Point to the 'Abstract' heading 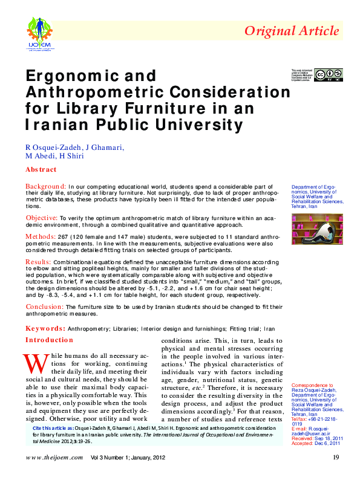[x=41, y=170]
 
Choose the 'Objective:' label [x=42, y=217]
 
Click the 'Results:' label [x=38, y=261]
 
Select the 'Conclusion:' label [x=44, y=306]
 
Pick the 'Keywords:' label [x=45, y=328]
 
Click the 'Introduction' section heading [x=49, y=340]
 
